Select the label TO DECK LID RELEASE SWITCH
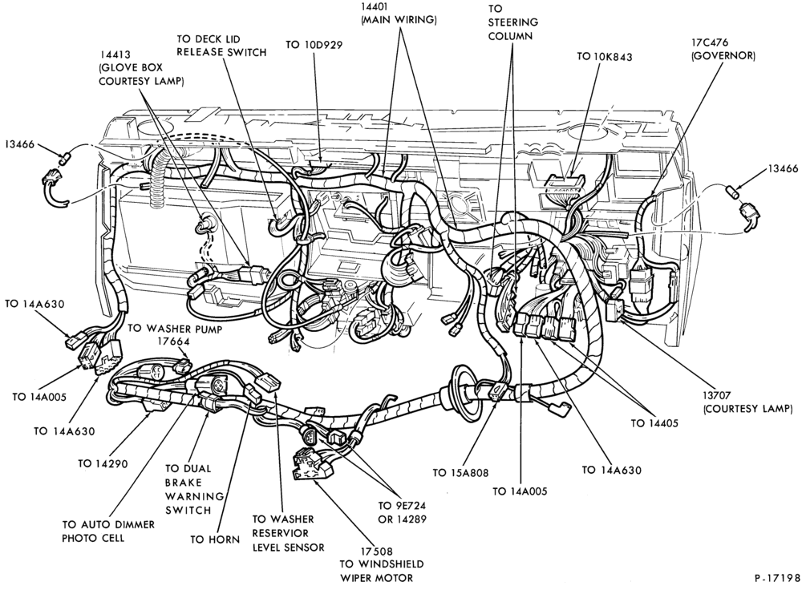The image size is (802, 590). click(x=221, y=46)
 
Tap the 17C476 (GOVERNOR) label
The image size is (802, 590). click(x=723, y=50)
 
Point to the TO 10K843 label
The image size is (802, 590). click(x=604, y=56)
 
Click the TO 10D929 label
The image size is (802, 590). click(x=314, y=45)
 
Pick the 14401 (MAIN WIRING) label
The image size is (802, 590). click(x=399, y=14)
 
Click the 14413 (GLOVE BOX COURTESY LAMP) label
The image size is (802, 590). click(x=141, y=67)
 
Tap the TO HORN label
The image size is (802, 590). click(x=215, y=539)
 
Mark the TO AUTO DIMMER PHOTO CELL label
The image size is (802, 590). click(x=108, y=531)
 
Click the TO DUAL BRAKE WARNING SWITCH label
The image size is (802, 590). click(x=188, y=489)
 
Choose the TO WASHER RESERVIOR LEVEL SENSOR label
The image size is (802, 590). click(x=289, y=533)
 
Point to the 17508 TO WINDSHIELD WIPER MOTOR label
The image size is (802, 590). click(x=382, y=565)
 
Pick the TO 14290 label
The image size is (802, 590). click(x=103, y=463)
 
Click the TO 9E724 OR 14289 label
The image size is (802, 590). click(x=402, y=512)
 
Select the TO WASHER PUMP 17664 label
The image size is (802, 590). click(x=175, y=335)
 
